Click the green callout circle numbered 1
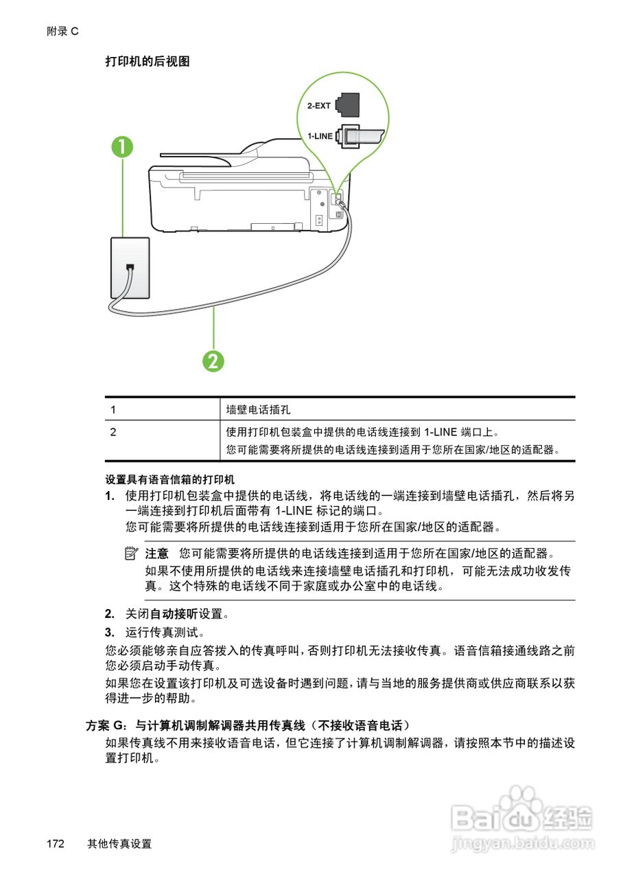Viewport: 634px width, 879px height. (x=123, y=148)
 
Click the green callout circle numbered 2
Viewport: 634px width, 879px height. (x=214, y=360)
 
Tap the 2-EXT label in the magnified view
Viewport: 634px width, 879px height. (x=319, y=106)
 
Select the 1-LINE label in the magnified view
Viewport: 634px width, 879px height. (x=320, y=136)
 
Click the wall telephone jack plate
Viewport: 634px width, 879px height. (x=130, y=267)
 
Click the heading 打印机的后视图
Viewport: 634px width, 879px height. (x=148, y=62)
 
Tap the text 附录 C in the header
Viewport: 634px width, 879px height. (x=63, y=32)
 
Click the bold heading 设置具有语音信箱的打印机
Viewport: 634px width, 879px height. (x=170, y=479)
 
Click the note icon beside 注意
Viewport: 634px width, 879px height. (x=132, y=553)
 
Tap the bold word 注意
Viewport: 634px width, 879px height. (x=156, y=553)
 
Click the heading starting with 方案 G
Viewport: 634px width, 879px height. (x=247, y=725)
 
